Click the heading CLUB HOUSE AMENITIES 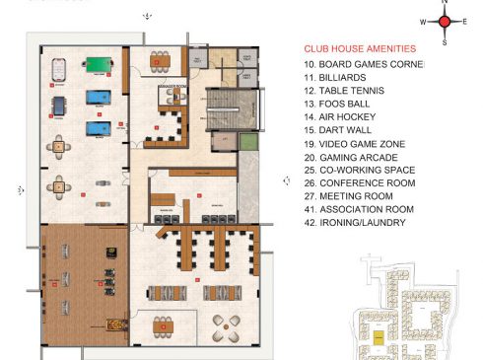coord(360,48)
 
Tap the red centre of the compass coord(445,21)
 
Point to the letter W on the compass coord(423,21)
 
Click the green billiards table coord(97,66)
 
